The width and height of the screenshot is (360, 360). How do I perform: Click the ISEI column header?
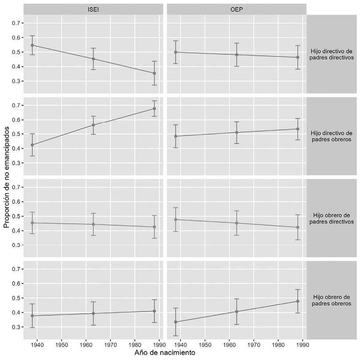[93, 8]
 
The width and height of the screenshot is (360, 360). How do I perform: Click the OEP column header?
[236, 8]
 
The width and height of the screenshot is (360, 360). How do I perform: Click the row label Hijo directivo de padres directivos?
[333, 53]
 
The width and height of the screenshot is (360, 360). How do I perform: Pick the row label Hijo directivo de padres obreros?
[333, 136]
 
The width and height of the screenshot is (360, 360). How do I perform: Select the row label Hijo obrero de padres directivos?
[333, 218]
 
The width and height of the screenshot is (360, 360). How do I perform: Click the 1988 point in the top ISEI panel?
[154, 73]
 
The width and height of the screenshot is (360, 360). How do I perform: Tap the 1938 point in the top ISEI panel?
[32, 45]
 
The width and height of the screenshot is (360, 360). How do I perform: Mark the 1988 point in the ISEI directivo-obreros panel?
[154, 109]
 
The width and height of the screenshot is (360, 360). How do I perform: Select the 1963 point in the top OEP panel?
[237, 55]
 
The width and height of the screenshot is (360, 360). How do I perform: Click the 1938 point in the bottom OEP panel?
[175, 322]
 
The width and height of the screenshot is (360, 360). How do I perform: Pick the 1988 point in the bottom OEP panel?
[298, 301]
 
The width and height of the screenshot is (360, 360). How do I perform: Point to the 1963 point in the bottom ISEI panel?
[93, 313]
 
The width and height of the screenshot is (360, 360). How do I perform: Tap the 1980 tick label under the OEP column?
[278, 344]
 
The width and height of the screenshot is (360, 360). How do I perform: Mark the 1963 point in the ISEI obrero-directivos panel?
[93, 224]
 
